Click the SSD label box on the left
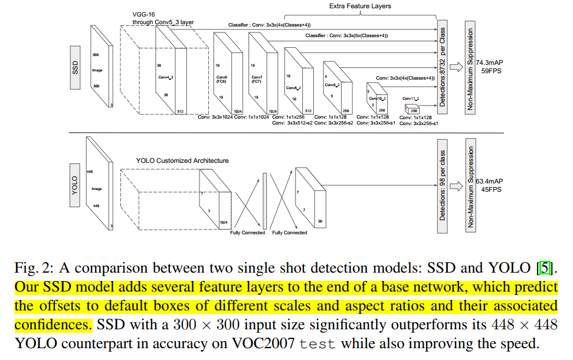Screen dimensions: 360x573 pos(75,68)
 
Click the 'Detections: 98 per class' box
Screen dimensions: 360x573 pos(442,185)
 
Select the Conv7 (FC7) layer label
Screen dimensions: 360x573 pos(257,80)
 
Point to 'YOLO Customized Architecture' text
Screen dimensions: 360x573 pos(182,161)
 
